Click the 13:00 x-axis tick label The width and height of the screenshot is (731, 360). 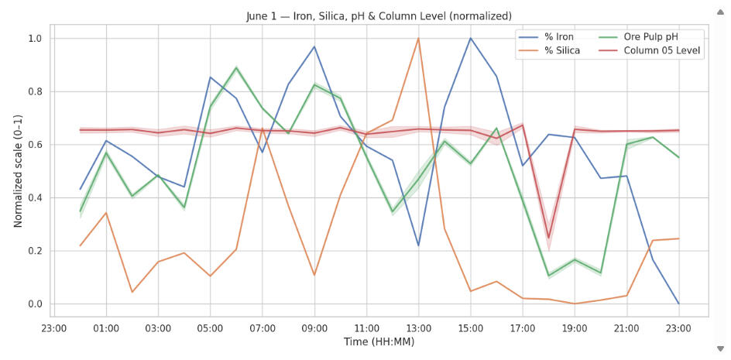pyautogui.click(x=418, y=328)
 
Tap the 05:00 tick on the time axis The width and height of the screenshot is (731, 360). pyautogui.click(x=210, y=328)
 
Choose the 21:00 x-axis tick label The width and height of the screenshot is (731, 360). pyautogui.click(x=626, y=328)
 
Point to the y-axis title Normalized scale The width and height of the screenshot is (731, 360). pyautogui.click(x=18, y=171)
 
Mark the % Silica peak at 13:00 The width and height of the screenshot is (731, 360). pyautogui.click(x=418, y=39)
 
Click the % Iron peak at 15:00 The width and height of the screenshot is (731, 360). pyautogui.click(x=470, y=39)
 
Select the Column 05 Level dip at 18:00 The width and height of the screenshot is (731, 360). pyautogui.click(x=548, y=238)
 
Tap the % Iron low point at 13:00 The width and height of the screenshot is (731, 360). pyautogui.click(x=418, y=245)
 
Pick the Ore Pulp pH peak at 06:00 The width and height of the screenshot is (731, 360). pyautogui.click(x=236, y=68)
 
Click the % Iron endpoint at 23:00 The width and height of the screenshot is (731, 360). pyautogui.click(x=678, y=303)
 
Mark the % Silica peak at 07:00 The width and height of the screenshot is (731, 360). pyautogui.click(x=262, y=129)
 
